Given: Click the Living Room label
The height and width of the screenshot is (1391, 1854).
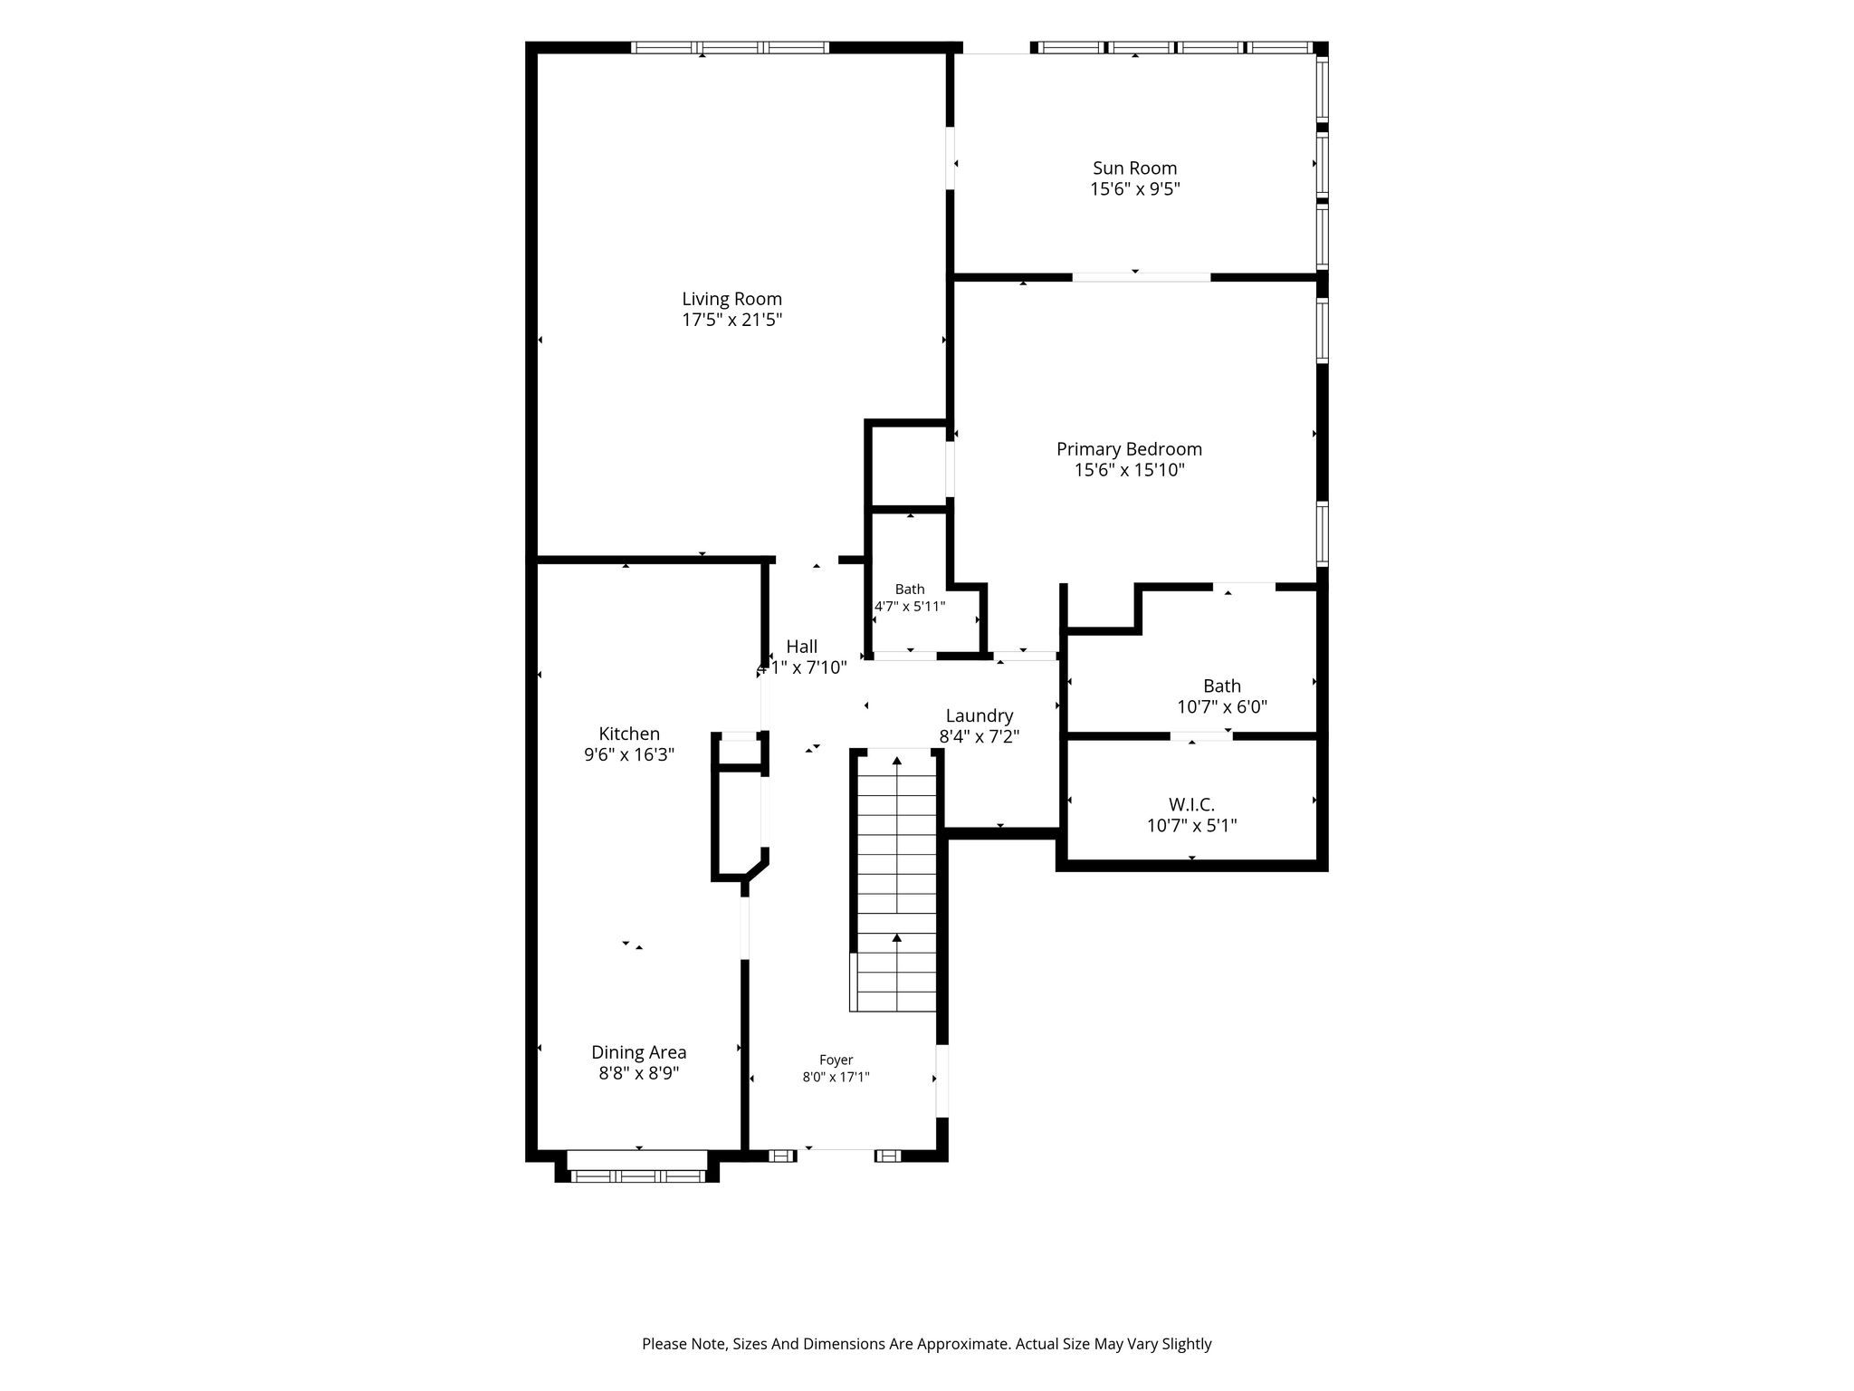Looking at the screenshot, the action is (x=731, y=299).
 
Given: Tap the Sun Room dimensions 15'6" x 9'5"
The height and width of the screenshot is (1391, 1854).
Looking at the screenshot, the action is (x=1135, y=189).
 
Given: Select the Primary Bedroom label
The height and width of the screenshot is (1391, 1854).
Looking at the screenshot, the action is (x=1129, y=449).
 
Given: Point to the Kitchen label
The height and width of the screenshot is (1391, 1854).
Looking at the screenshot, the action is (x=629, y=734).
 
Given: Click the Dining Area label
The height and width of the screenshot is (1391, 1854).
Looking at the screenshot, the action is (x=639, y=1052).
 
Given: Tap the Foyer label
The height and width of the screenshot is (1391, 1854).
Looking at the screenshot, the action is (x=836, y=1060).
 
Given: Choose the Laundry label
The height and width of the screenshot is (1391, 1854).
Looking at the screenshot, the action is (x=980, y=716).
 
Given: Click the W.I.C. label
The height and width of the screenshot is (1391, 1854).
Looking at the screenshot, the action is (x=1191, y=804).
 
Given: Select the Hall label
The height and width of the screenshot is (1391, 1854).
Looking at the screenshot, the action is (x=801, y=647).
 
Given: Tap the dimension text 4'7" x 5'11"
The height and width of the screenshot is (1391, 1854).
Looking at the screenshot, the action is (x=910, y=606).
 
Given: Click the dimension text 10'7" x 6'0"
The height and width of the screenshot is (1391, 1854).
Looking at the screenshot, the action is (x=1222, y=707).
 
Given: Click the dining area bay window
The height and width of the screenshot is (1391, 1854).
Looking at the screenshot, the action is (x=637, y=1175).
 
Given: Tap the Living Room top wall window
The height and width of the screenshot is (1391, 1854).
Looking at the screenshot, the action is (x=730, y=47).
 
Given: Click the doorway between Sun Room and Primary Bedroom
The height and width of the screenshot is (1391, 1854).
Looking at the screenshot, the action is (x=1142, y=276).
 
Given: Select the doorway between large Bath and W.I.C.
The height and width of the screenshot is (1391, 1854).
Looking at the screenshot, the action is (x=1201, y=735).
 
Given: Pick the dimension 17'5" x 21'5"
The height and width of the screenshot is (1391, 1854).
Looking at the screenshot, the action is (x=731, y=320).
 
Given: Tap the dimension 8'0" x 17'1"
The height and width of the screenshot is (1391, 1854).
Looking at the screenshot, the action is (x=836, y=1077).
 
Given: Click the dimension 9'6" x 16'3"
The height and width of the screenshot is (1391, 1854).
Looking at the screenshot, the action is (x=629, y=754).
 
